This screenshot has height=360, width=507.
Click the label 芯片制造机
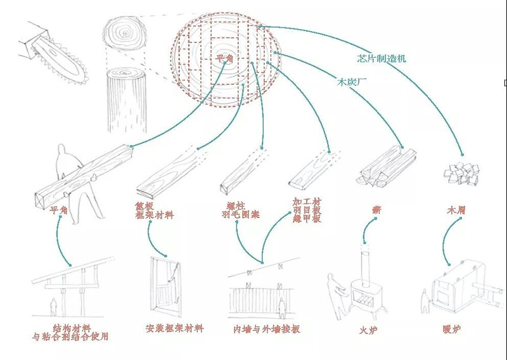click(382, 58)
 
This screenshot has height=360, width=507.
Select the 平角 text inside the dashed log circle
click(224, 58)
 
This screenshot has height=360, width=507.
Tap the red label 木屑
click(456, 210)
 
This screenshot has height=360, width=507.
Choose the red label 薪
click(376, 209)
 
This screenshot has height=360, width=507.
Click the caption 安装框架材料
click(174, 328)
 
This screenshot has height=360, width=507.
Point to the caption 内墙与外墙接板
click(266, 330)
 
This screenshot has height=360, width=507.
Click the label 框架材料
click(154, 215)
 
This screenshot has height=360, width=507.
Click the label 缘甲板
click(307, 219)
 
